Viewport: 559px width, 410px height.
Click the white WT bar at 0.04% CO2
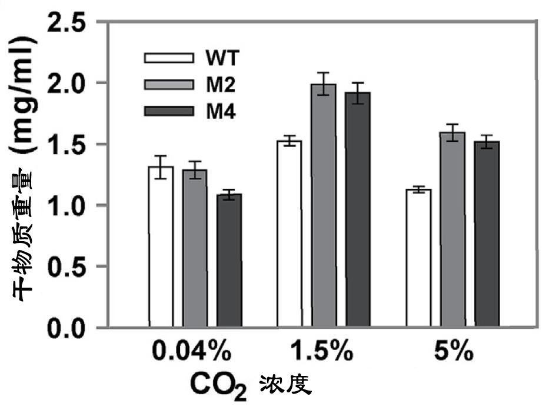coord(161,246)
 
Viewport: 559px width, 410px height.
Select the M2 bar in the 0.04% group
coord(195,248)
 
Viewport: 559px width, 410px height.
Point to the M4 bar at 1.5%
coord(358,209)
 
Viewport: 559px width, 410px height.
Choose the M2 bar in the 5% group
coord(453,229)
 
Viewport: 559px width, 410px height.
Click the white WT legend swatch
coord(169,58)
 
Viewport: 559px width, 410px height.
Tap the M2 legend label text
coord(221,85)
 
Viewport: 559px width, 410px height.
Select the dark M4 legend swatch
coord(169,111)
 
